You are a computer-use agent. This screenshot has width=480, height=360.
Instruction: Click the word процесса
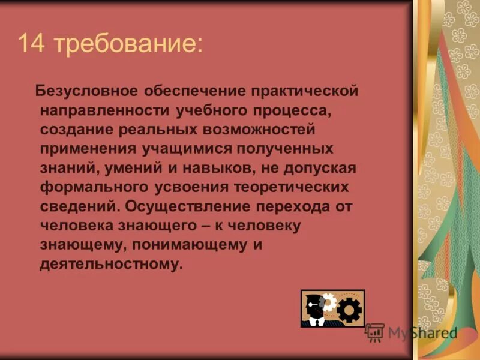point(289,110)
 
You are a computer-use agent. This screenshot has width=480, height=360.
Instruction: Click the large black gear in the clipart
point(349,310)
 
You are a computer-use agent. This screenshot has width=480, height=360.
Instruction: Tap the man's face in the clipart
point(313,304)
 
